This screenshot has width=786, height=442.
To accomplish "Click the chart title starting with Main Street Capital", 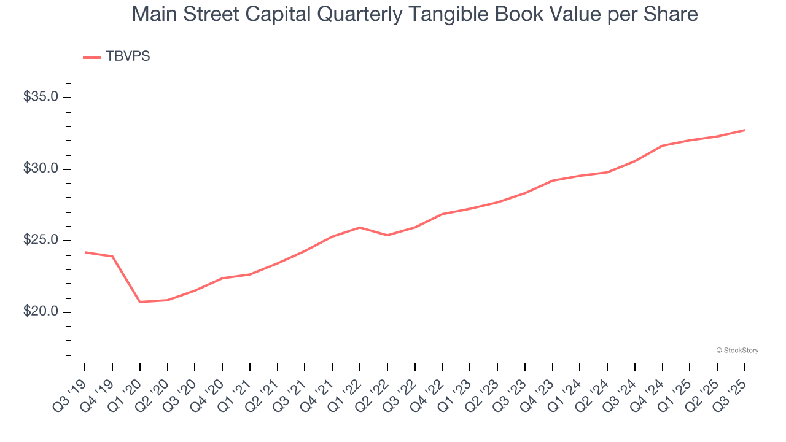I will coord(414,14).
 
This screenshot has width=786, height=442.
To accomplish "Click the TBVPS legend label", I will coord(128,56).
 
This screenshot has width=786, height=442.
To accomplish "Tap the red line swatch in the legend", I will coord(92,58).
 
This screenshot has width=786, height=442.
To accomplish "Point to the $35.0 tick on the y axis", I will coord(41,97).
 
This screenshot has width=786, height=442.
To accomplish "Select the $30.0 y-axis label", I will coord(41,169).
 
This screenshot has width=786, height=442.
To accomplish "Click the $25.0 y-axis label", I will coord(41,240).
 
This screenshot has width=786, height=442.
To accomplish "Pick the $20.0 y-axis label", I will coord(41,312).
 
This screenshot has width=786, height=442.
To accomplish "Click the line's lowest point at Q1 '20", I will coord(140,302).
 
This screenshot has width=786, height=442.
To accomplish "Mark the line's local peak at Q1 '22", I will coord(360,227).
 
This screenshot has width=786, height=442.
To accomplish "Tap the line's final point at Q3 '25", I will coord(744,130).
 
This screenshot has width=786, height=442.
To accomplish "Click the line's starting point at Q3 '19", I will coord(85,252).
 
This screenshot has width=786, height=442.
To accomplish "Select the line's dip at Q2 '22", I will coord(387,235).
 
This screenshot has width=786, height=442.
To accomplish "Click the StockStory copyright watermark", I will coord(737,351).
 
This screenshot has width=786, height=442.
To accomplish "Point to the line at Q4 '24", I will coord(662,145).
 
